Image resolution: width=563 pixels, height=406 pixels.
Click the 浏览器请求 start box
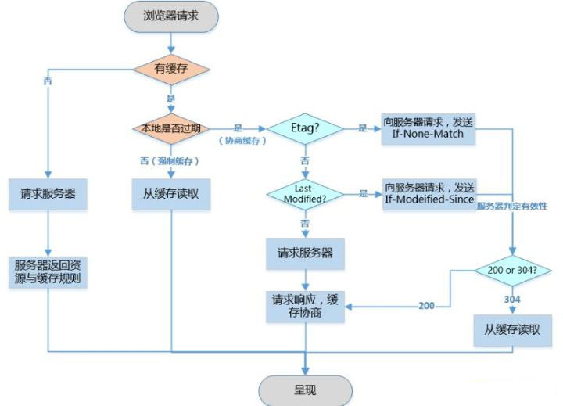tap(170, 16)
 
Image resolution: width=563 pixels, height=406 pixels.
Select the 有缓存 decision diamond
tap(170, 68)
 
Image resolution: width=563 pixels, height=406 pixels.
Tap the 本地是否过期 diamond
tap(170, 128)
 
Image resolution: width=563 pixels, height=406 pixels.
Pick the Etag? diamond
tap(304, 128)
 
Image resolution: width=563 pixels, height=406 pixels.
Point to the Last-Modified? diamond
tap(304, 193)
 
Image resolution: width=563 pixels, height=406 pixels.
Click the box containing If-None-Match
tap(428, 128)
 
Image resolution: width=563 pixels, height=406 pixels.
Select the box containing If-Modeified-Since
tap(428, 193)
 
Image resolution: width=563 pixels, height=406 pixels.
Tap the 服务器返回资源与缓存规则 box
tap(48, 271)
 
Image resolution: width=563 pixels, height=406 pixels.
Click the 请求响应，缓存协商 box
tap(304, 305)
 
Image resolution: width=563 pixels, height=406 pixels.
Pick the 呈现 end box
tap(305, 389)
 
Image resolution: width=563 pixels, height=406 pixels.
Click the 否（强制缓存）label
tap(170, 160)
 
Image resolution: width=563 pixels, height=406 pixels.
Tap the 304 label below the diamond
tap(512, 299)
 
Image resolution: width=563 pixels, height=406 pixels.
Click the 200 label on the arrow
tap(426, 306)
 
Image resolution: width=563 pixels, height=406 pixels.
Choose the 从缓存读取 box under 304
tap(512, 330)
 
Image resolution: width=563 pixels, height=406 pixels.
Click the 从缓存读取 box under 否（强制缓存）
tap(170, 193)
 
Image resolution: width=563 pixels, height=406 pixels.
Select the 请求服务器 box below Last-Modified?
tap(304, 253)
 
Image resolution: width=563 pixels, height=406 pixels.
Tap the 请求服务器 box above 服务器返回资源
tap(48, 193)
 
